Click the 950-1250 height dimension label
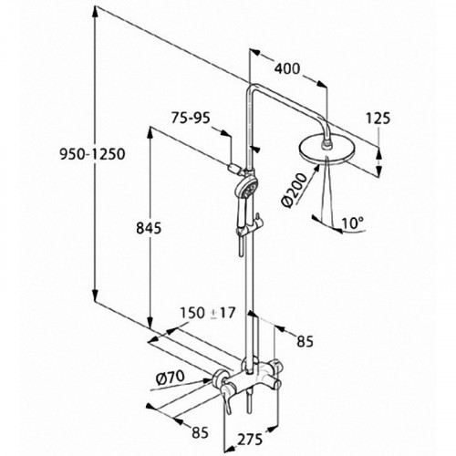pyautogui.click(x=92, y=154)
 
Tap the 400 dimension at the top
pyautogui.click(x=287, y=68)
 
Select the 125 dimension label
pyautogui.click(x=378, y=119)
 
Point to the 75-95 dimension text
pyautogui.click(x=191, y=118)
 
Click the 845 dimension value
pyautogui.click(x=149, y=228)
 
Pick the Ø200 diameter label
pyautogui.click(x=295, y=191)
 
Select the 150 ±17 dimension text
pyautogui.click(x=208, y=313)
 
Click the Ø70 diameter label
pyautogui.click(x=170, y=378)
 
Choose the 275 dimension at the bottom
pyautogui.click(x=250, y=440)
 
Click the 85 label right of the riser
pyautogui.click(x=305, y=342)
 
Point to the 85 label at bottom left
pyautogui.click(x=200, y=432)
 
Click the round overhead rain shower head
pyautogui.click(x=327, y=151)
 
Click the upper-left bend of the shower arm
pyautogui.click(x=251, y=88)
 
